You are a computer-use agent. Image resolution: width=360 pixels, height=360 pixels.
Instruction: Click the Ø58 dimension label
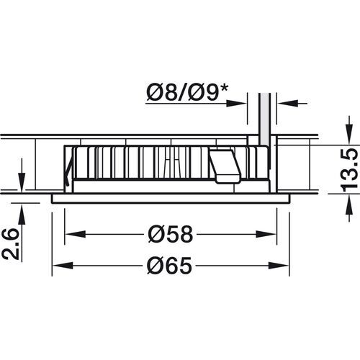[171, 234]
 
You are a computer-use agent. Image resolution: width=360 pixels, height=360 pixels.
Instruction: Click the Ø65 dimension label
[170, 266]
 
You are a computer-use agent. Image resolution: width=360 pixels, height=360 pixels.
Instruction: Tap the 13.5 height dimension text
[348, 168]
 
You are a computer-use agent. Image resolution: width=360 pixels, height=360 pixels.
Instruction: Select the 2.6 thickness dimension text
[10, 244]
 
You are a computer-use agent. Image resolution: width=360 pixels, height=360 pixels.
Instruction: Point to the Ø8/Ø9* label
[187, 93]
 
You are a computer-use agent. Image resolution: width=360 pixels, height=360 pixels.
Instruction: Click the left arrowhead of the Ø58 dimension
[76, 234]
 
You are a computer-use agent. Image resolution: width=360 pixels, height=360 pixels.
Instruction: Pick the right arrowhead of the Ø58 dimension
[266, 234]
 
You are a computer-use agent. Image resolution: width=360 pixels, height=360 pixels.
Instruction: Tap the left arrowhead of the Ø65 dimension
[63, 266]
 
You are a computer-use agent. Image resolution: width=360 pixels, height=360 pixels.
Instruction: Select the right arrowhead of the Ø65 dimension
[279, 266]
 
